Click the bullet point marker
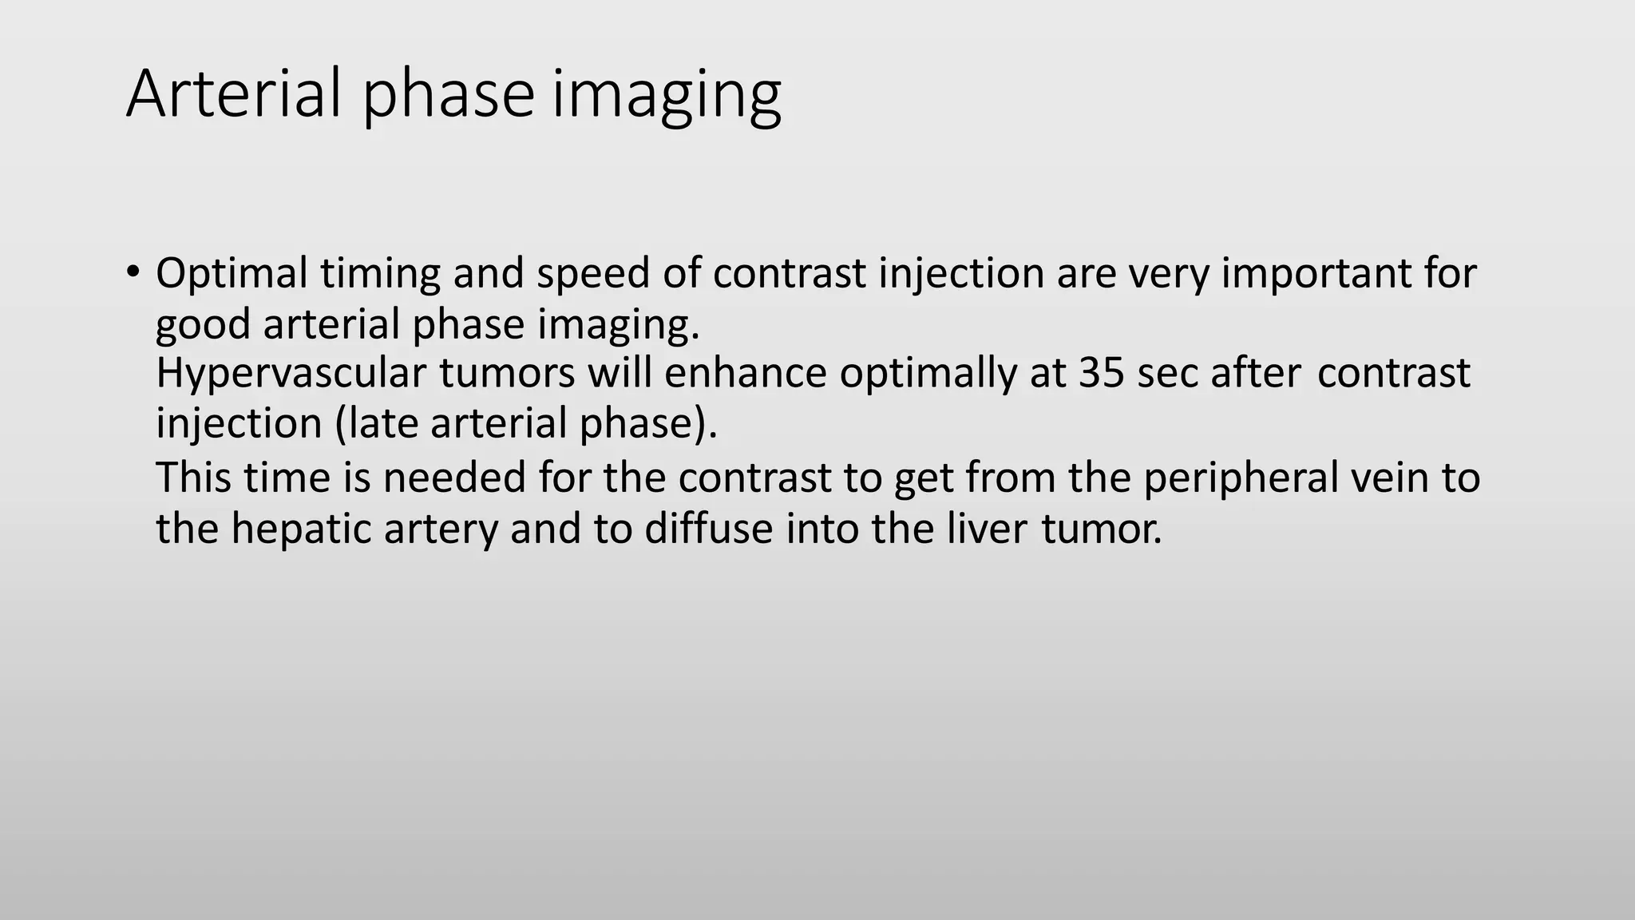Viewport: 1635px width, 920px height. pos(133,270)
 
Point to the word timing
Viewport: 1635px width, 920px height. pos(380,274)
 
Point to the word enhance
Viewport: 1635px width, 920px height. pos(745,374)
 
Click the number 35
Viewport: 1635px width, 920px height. pos(1102,374)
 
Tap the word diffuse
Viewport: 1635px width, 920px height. pos(708,529)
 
